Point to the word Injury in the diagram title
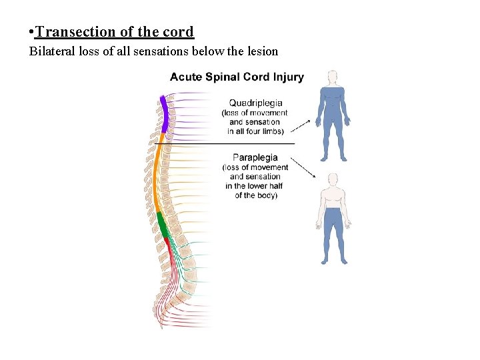pyautogui.click(x=287, y=77)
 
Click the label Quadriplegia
pyautogui.click(x=255, y=103)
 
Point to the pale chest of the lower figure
pyautogui.click(x=332, y=198)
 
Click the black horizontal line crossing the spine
pyautogui.click(x=227, y=143)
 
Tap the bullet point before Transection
pyautogui.click(x=31, y=32)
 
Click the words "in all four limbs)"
pyautogui.click(x=255, y=131)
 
